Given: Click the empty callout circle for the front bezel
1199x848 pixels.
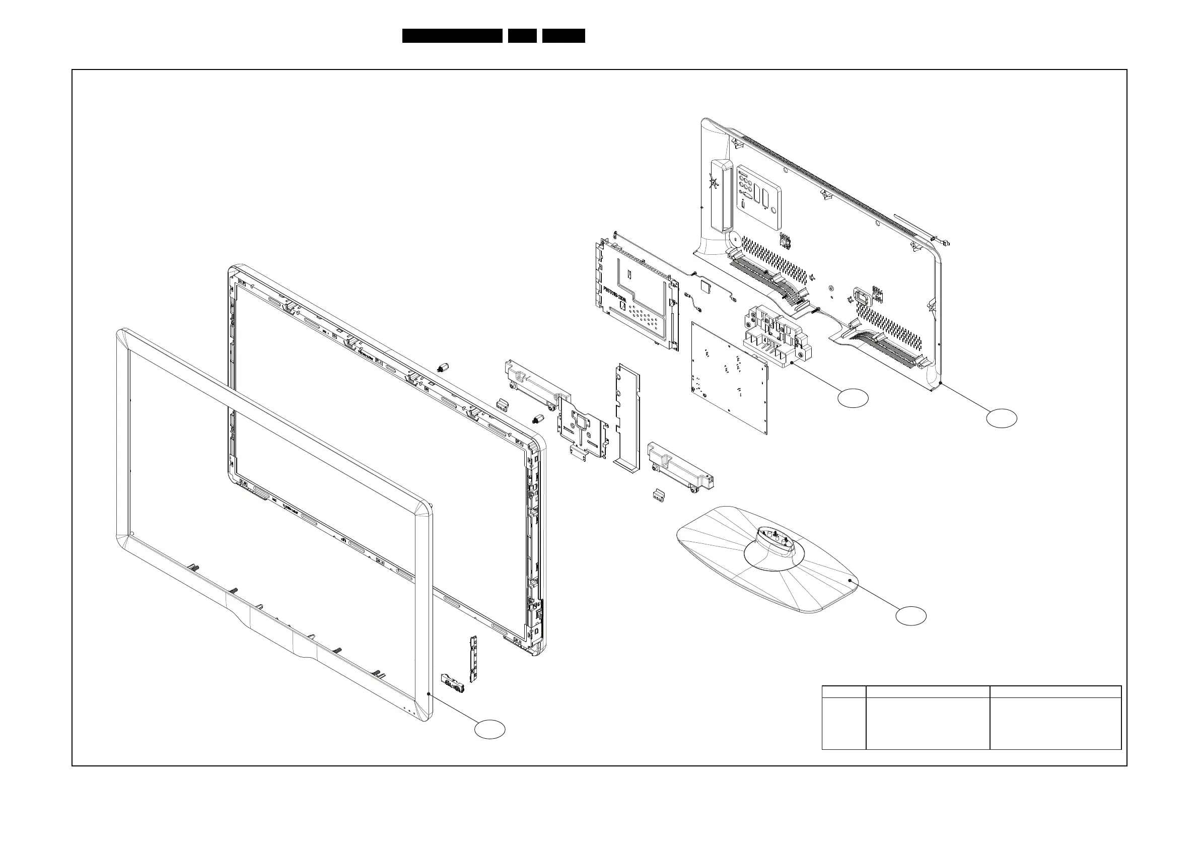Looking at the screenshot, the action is pyautogui.click(x=489, y=730).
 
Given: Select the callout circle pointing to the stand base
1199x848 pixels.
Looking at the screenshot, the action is pyautogui.click(x=911, y=616).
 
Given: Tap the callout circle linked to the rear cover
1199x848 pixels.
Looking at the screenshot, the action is pyautogui.click(x=1002, y=418).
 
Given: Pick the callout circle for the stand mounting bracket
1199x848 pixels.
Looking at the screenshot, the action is pyautogui.click(x=853, y=398).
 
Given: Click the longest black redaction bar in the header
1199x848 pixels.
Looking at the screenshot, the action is pyautogui.click(x=452, y=36).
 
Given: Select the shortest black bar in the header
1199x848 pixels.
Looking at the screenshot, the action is pyautogui.click(x=522, y=36).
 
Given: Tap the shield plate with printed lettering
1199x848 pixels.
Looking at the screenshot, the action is pyautogui.click(x=638, y=296).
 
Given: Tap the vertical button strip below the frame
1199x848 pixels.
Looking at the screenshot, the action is pyautogui.click(x=474, y=659).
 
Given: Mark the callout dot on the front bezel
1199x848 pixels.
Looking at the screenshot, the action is pyautogui.click(x=428, y=694).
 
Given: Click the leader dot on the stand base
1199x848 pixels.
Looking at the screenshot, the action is pyautogui.click(x=850, y=581).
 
